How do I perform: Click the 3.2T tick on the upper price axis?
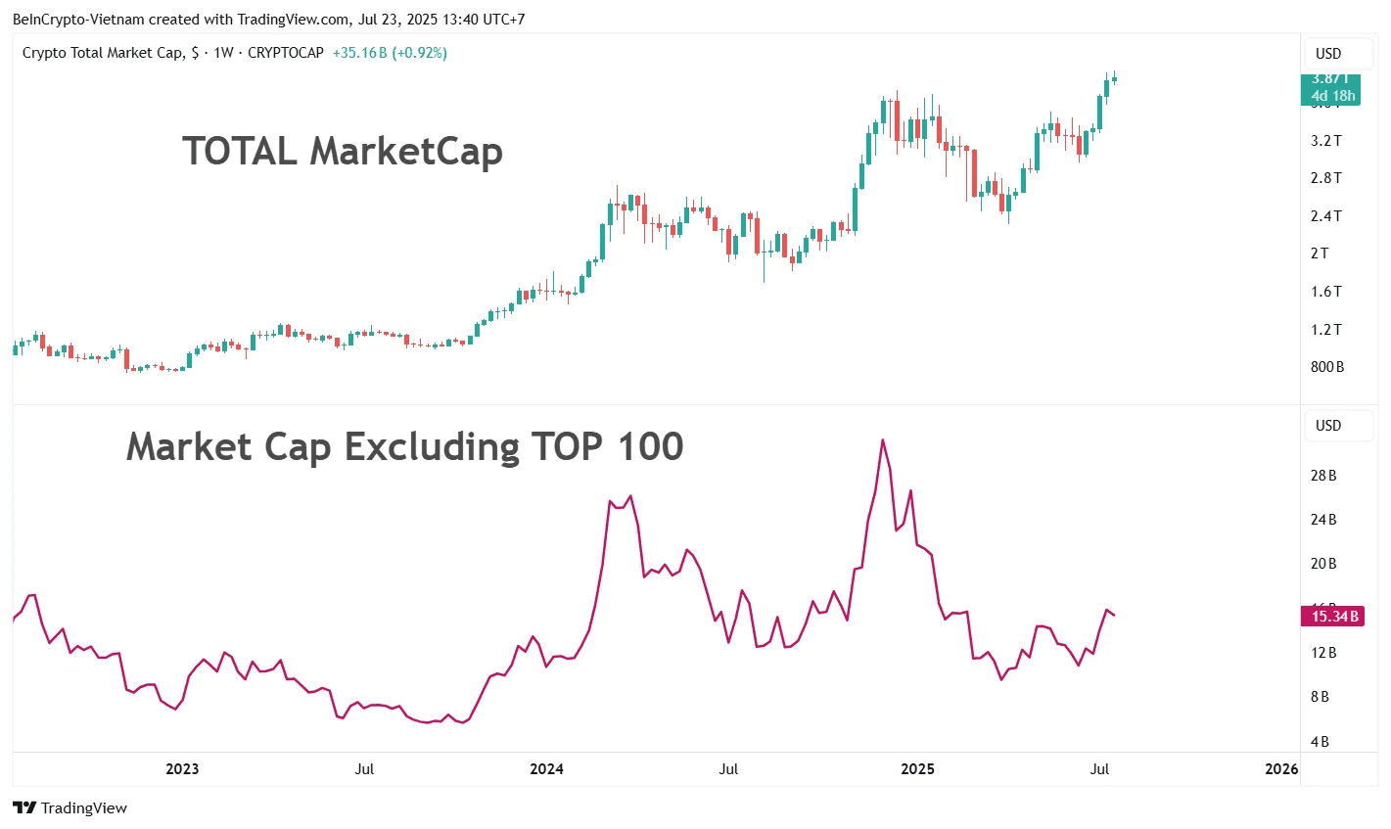point(1326,141)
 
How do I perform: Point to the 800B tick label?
point(1327,367)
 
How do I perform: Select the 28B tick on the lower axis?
point(1323,476)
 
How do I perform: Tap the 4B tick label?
point(1320,742)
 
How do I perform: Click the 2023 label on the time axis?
point(182,769)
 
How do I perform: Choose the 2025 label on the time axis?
point(917,769)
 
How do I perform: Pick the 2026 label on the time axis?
point(1281,769)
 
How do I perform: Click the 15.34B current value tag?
point(1334,617)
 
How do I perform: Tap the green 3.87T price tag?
point(1330,88)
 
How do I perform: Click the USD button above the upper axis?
point(1328,54)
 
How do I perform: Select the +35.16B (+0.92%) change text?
point(390,53)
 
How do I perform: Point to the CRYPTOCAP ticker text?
point(285,53)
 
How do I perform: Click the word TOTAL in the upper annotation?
point(239,152)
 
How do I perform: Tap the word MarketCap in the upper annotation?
point(406,152)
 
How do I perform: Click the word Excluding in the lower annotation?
point(432,447)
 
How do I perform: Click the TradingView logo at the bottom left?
point(70,808)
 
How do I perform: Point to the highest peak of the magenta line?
point(883,439)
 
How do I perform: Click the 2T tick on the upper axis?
point(1320,253)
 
